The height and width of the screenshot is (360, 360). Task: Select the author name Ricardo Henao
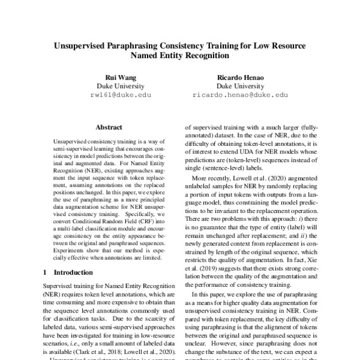240,77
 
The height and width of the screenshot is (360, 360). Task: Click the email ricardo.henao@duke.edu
240,95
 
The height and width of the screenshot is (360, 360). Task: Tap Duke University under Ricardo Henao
240,86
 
